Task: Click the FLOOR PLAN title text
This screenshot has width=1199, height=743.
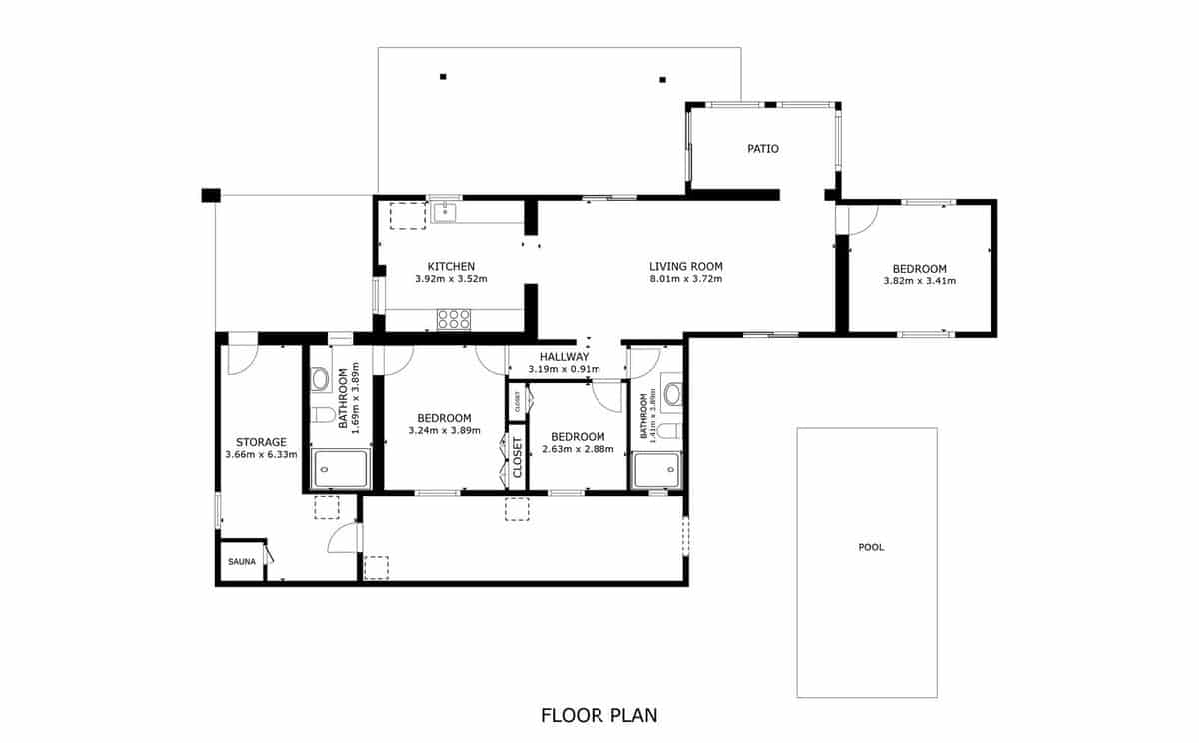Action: coord(599,715)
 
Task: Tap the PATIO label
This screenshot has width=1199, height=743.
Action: coord(763,149)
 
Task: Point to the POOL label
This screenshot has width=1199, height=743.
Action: coord(871,547)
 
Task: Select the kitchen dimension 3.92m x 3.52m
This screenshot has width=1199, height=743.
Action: coord(451,279)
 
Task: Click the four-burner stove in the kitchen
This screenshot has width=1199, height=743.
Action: coord(453,319)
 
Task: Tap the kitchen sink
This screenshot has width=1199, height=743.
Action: coord(445,212)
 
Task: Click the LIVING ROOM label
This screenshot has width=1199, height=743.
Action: coord(685,266)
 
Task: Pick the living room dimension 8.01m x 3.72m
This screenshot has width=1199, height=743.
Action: coord(685,279)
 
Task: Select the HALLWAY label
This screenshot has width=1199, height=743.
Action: coord(564,357)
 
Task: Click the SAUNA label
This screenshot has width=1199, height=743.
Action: coord(242,562)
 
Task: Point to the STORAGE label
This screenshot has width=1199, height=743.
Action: coord(261,442)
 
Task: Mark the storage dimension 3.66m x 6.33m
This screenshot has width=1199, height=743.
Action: coord(261,455)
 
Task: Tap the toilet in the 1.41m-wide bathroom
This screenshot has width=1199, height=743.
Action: coord(670,430)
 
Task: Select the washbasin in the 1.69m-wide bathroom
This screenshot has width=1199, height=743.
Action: coord(321,379)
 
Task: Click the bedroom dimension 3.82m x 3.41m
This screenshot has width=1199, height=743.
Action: coord(919,281)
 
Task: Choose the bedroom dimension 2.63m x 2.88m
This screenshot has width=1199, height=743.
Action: coord(578,450)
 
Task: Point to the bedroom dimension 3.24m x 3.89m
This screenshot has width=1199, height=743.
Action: coord(444,431)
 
